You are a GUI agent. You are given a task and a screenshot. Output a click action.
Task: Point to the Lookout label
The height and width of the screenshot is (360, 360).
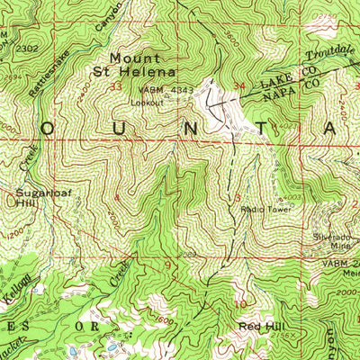(x=147, y=103)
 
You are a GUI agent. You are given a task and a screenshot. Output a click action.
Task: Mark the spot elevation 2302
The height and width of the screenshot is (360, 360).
(x=27, y=46)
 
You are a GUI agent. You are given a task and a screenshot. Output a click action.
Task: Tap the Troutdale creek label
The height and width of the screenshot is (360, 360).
(x=331, y=52)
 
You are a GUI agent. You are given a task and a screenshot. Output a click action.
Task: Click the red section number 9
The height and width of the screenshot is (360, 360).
(x=166, y=264)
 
